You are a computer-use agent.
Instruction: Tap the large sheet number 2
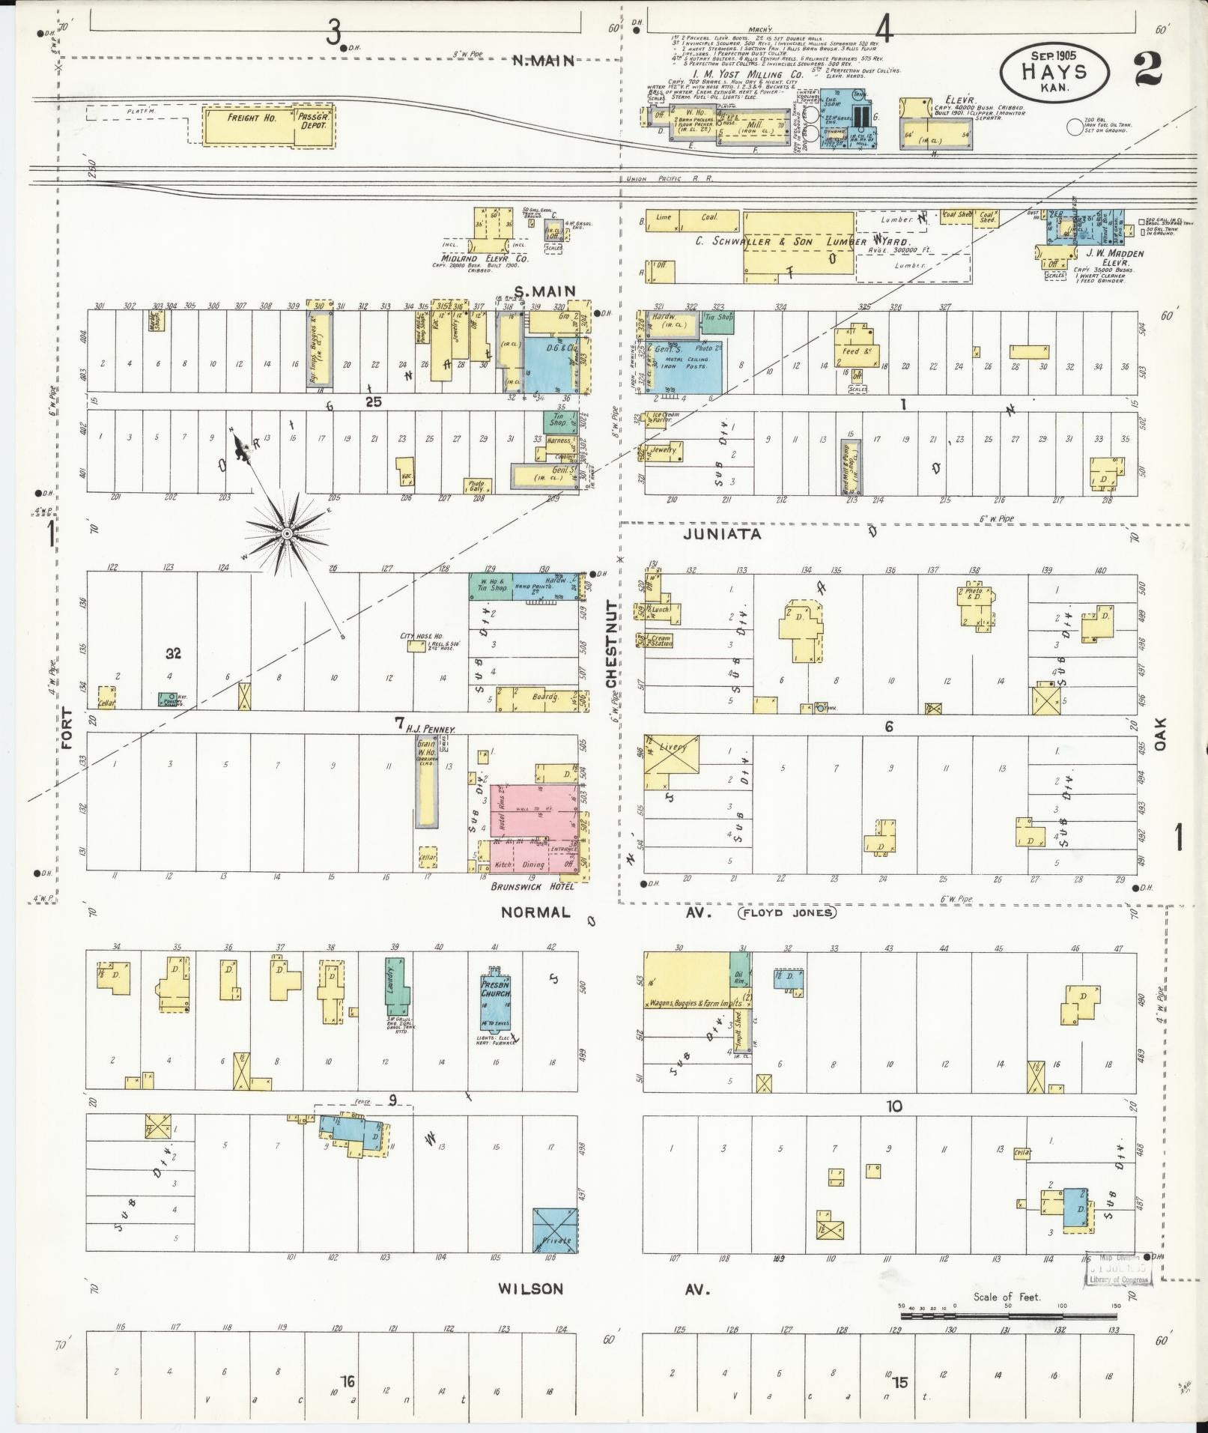pyautogui.click(x=1147, y=69)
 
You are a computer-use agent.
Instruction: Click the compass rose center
pyautogui.click(x=286, y=533)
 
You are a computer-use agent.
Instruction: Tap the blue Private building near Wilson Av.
pyautogui.click(x=555, y=1229)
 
